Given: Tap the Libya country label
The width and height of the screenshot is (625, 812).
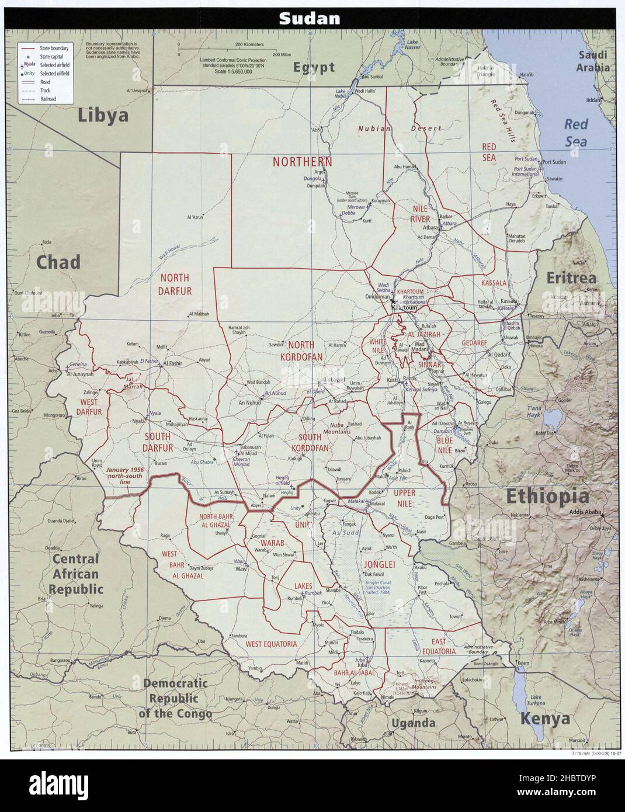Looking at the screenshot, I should click(x=103, y=115).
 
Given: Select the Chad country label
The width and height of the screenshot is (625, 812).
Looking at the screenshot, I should click(x=58, y=262).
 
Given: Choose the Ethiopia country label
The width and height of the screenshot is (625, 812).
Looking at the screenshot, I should click(x=547, y=496).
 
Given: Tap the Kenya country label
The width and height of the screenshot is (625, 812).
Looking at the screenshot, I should click(x=545, y=718).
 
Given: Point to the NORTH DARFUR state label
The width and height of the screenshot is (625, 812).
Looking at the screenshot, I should click(x=175, y=284).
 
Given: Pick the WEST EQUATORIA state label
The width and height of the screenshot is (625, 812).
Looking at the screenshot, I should click(x=271, y=644).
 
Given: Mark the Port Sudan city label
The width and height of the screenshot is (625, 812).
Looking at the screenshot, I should click(x=554, y=162).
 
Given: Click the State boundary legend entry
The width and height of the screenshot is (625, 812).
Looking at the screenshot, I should click(x=54, y=47).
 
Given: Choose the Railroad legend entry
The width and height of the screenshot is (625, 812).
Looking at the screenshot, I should click(x=48, y=100).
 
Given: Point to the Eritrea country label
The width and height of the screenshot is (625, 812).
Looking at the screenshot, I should click(x=571, y=277).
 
